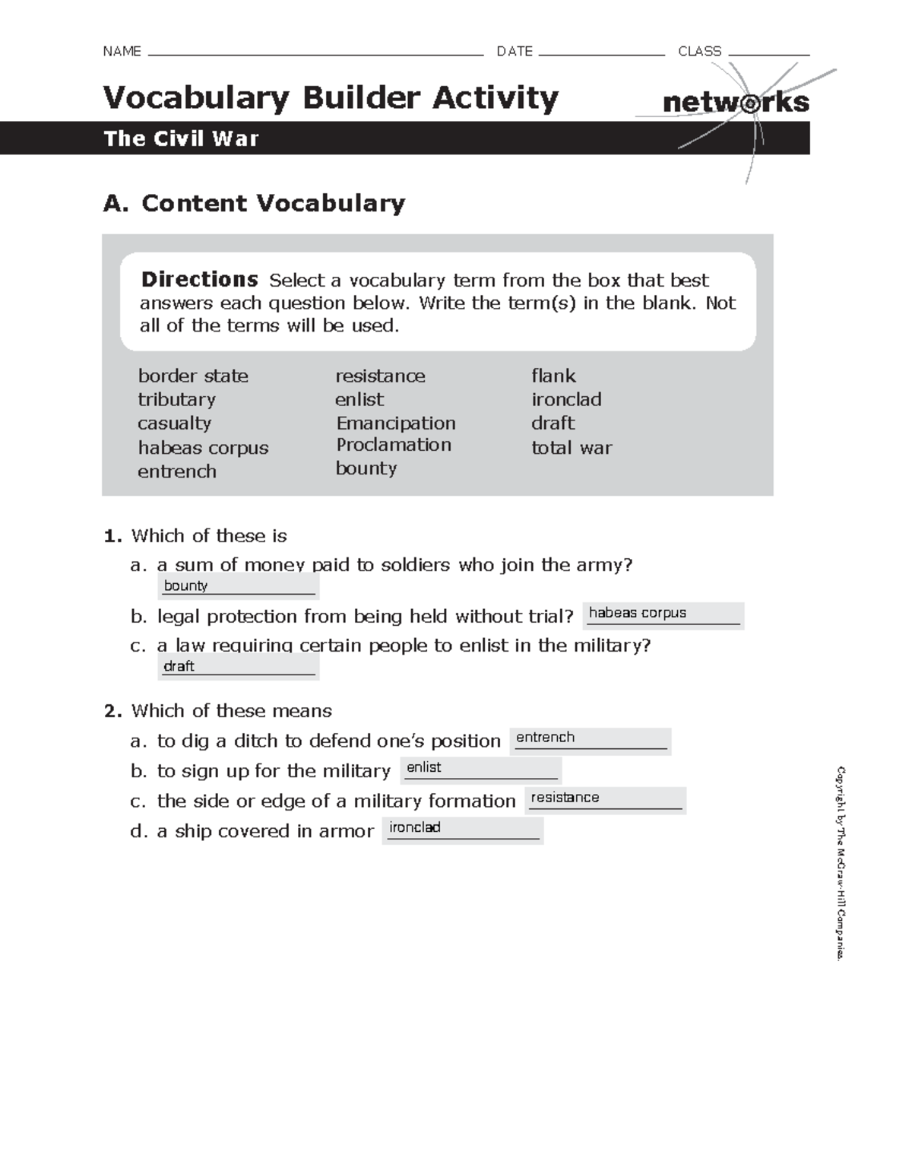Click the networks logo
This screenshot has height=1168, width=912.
(x=735, y=103)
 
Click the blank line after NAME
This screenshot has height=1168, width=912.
(x=316, y=53)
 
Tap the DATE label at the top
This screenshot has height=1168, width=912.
(x=515, y=52)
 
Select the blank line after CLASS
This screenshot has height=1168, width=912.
(x=768, y=53)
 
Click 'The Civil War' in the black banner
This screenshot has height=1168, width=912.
(x=182, y=138)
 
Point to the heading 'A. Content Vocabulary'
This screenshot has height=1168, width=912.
(x=254, y=203)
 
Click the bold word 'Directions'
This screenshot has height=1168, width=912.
(x=199, y=280)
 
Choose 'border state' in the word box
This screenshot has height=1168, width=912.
(x=193, y=376)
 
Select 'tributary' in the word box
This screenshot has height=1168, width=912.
(x=176, y=399)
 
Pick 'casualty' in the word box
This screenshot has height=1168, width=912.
(x=174, y=423)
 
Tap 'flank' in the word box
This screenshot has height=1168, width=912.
(x=553, y=376)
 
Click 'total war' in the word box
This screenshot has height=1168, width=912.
(x=572, y=448)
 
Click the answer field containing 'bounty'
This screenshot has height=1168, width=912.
(x=239, y=586)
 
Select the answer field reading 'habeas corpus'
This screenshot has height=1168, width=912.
(x=663, y=614)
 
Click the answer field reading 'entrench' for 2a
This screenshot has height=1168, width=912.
(x=591, y=739)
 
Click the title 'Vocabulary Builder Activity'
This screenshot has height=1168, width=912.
(x=331, y=98)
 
